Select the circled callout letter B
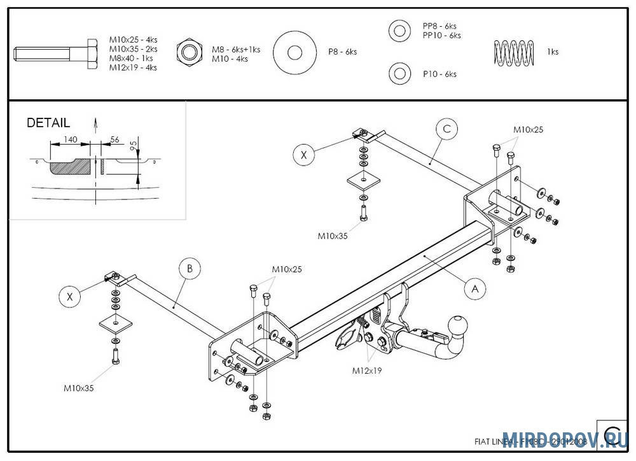click(190, 269)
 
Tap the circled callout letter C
click(446, 129)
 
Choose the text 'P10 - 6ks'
click(439, 74)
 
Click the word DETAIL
click(48, 124)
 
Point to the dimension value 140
click(71, 139)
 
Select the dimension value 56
click(115, 139)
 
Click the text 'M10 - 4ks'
click(230, 59)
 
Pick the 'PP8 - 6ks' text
click(439, 26)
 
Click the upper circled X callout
click(304, 155)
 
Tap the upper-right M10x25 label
click(528, 130)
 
